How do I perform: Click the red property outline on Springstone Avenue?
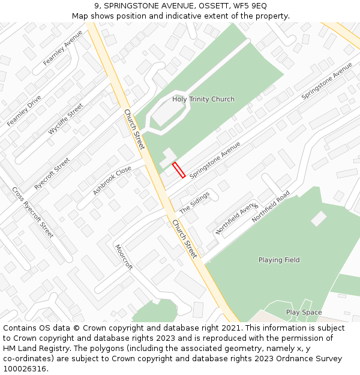[179, 170]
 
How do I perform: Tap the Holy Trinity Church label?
[203, 99]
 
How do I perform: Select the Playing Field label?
[279, 260]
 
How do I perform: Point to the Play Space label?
[304, 312]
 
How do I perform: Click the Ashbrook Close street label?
[112, 181]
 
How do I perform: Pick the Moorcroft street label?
[124, 257]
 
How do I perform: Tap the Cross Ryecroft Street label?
[32, 212]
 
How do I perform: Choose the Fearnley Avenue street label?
[63, 47]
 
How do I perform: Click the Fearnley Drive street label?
[24, 110]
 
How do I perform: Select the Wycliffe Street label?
[66, 119]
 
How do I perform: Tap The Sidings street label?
[194, 203]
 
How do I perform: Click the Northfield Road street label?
[271, 207]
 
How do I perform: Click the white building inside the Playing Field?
[319, 218]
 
